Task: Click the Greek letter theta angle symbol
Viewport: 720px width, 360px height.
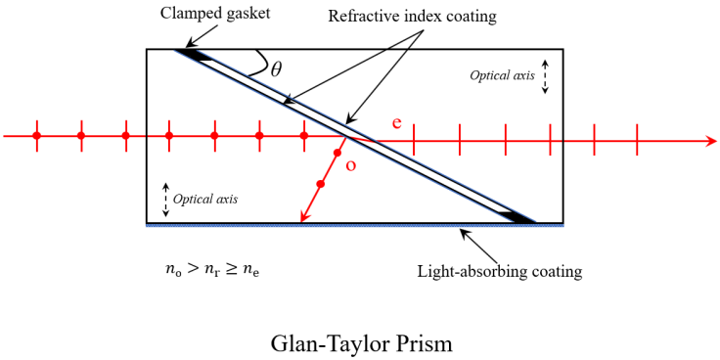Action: coord(276,68)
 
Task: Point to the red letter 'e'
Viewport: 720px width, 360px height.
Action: coord(396,122)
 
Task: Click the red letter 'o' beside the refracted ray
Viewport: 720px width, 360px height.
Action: coord(351,165)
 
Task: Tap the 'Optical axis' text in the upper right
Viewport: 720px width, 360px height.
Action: coord(503,74)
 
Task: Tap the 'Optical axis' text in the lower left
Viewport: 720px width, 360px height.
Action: coord(205,199)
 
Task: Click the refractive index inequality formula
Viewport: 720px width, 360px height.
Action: coord(212,271)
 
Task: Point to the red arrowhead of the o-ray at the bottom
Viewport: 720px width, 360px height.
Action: coord(303,218)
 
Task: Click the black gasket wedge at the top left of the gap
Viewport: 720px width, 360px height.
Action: coord(197,57)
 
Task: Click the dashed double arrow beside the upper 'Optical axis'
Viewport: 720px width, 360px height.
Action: coord(545,75)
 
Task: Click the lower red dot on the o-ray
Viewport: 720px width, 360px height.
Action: coord(321,184)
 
